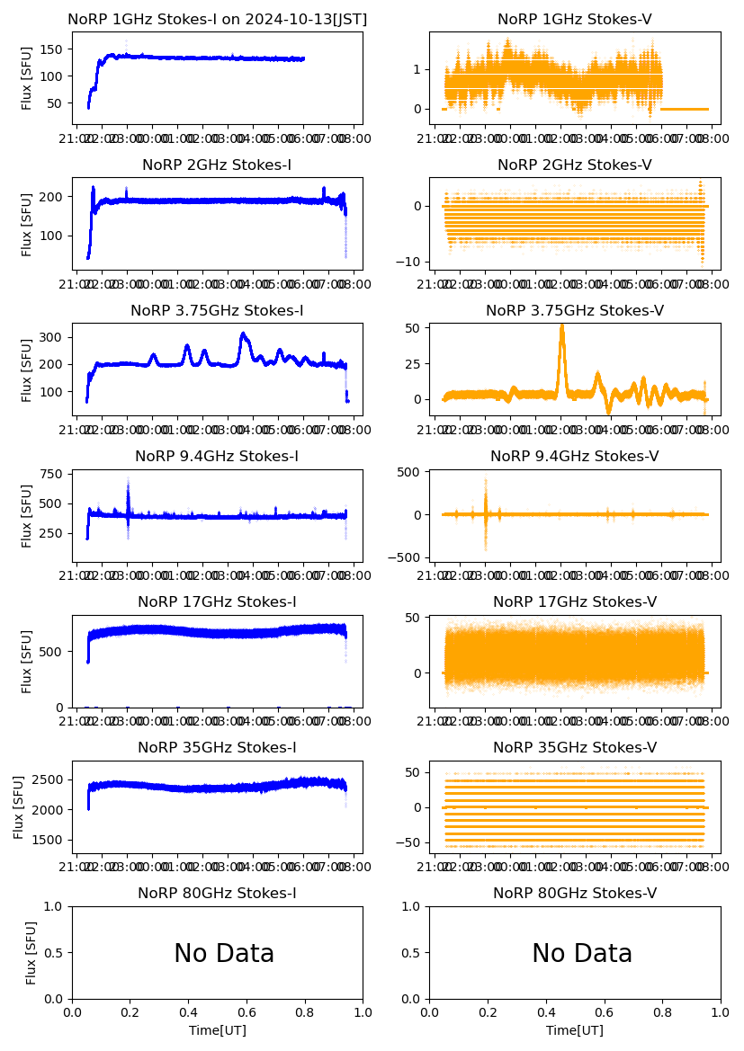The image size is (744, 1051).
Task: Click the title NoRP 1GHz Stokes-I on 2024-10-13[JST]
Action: click(x=217, y=19)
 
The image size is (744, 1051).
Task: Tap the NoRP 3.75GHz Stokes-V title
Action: click(x=574, y=310)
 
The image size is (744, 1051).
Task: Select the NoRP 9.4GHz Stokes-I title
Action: click(x=217, y=456)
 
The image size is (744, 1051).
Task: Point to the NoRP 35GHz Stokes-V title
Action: click(x=574, y=747)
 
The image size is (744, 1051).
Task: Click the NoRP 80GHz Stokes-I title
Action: click(x=217, y=893)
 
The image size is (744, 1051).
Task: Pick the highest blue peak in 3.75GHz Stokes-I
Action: click(x=243, y=335)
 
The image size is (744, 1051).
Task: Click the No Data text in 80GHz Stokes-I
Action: click(x=224, y=954)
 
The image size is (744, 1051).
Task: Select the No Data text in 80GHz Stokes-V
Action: click(x=582, y=954)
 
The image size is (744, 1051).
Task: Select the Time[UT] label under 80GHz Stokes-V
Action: click(x=574, y=1030)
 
